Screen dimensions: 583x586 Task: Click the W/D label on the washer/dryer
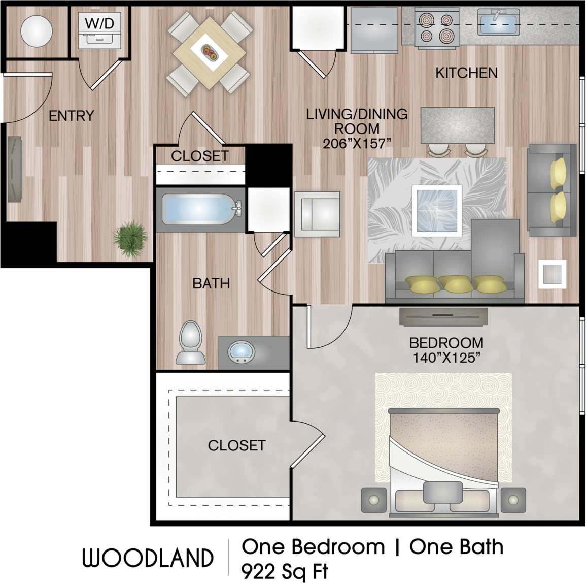99,22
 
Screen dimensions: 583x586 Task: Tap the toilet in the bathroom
191,342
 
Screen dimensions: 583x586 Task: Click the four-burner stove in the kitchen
436,27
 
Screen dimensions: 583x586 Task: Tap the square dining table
209,52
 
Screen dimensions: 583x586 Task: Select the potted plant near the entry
130,238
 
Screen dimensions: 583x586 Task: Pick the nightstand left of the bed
374,500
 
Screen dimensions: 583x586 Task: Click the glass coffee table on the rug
436,210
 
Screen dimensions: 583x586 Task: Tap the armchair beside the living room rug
317,214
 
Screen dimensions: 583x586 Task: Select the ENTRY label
71,116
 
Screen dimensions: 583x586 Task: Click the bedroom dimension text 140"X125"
446,358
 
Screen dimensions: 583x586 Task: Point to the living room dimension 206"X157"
357,144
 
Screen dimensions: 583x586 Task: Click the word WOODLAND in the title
148,558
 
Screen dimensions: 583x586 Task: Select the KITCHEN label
466,73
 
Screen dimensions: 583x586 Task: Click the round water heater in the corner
36,30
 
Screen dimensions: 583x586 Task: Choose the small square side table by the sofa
552,274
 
